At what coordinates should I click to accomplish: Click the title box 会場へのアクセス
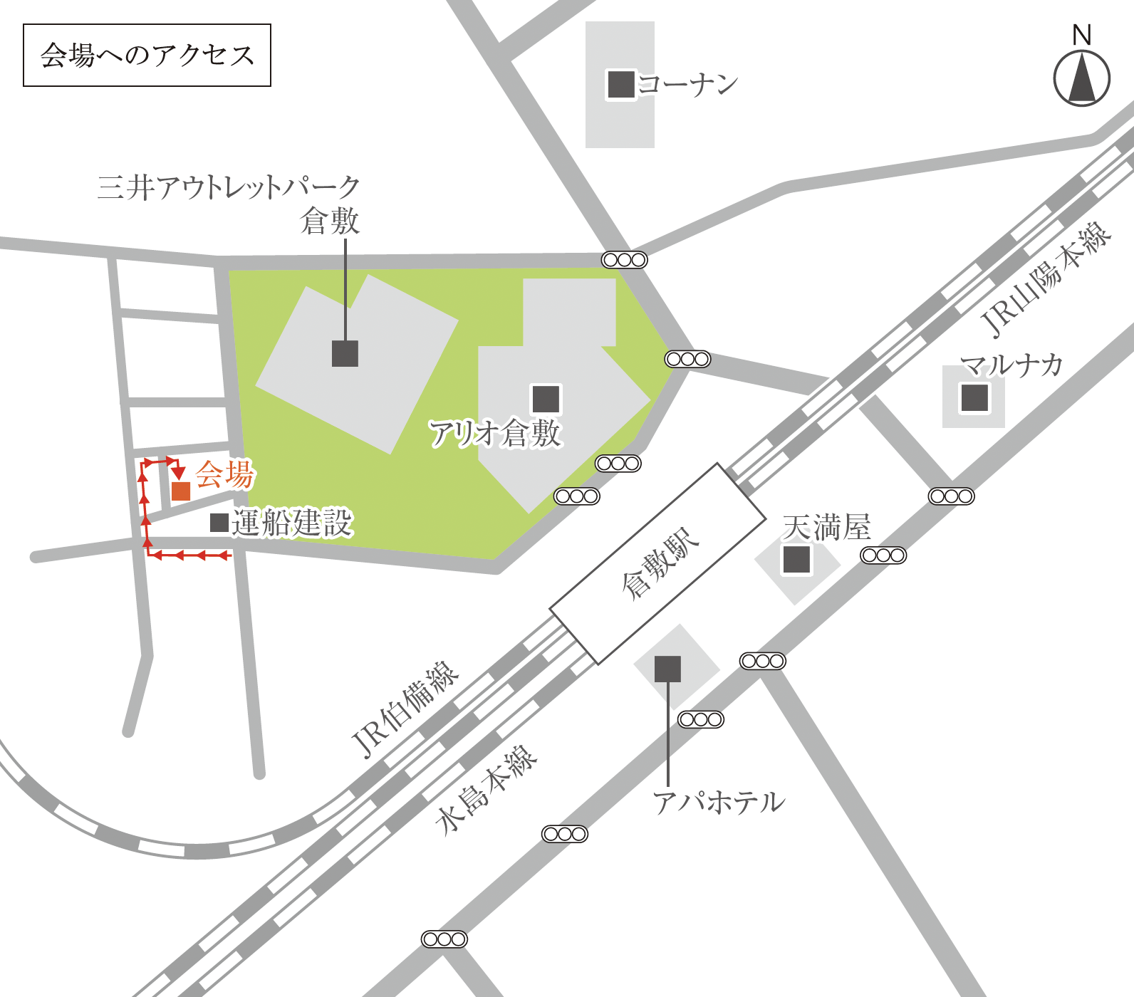[147, 56]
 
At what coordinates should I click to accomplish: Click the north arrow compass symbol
[1081, 77]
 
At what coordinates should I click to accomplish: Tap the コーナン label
[687, 85]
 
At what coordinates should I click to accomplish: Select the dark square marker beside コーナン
[620, 85]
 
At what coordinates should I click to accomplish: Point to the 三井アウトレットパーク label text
[229, 187]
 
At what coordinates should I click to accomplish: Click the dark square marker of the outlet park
[345, 353]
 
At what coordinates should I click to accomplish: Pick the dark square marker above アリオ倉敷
[546, 399]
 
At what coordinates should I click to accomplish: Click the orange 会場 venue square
[181, 491]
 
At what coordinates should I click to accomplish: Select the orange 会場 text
[224, 474]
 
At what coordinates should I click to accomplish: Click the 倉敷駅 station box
[657, 563]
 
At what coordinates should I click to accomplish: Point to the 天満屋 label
[826, 528]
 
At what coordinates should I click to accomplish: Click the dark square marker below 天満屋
[796, 559]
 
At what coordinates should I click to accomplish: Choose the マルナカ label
[1011, 365]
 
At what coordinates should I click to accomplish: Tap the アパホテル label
[719, 803]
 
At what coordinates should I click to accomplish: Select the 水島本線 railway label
[487, 790]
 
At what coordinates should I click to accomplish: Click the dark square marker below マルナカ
[974, 397]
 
